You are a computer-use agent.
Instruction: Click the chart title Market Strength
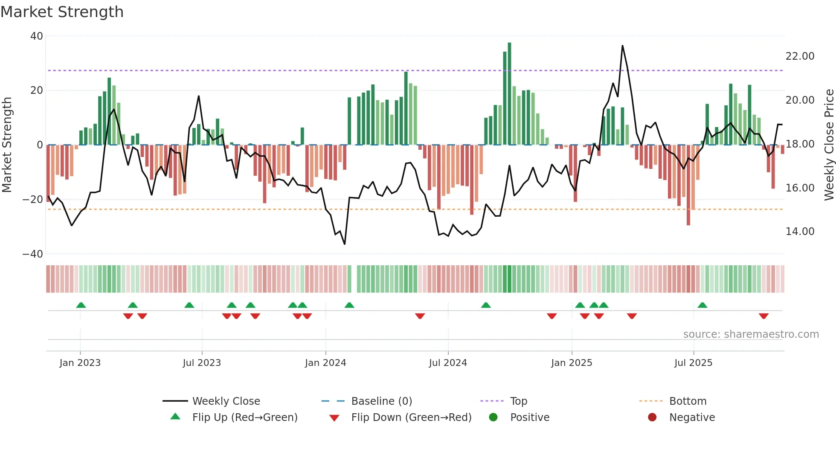click(62, 12)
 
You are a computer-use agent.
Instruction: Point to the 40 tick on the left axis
click(37, 36)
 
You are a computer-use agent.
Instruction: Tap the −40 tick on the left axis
click(33, 254)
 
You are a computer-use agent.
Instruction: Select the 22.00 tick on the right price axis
click(800, 56)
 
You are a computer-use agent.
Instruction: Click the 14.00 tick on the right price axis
click(800, 232)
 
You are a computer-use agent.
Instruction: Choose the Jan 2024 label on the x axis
click(325, 363)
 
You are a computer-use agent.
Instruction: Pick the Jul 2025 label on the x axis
click(693, 363)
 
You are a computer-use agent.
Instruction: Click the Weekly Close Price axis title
click(829, 145)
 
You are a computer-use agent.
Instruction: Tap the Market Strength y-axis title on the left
click(7, 145)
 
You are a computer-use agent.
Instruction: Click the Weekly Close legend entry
click(226, 401)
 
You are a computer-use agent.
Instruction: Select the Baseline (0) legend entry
click(381, 401)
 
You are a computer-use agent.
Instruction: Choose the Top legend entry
click(519, 401)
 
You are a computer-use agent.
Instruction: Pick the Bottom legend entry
click(688, 401)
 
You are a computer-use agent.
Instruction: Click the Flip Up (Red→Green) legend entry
click(244, 418)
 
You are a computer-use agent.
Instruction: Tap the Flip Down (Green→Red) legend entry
click(411, 418)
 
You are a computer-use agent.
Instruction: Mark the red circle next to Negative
click(652, 418)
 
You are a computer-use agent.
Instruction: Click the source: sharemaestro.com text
click(751, 334)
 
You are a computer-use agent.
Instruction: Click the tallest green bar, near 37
click(509, 94)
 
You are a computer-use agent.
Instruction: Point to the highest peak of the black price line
click(622, 46)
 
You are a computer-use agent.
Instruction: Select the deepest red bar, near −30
click(688, 185)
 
